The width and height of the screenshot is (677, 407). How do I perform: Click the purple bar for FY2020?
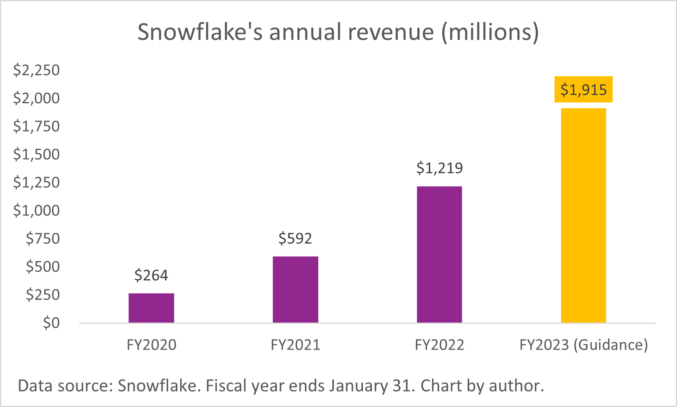coord(151,308)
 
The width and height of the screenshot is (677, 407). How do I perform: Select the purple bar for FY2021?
coord(295,289)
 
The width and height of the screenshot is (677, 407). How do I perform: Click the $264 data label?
coord(151,275)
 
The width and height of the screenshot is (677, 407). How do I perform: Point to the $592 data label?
coord(295,238)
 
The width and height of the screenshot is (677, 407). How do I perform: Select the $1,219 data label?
coord(439,168)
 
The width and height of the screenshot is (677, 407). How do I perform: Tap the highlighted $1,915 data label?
coord(583,89)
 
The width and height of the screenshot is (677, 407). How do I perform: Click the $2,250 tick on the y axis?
coord(36,70)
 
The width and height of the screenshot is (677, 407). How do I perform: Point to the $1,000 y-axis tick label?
coord(36,210)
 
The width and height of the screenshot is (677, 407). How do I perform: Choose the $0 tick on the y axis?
coord(51,323)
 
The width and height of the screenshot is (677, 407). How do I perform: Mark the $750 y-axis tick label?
coord(43,238)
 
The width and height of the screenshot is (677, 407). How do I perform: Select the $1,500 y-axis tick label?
coord(36,154)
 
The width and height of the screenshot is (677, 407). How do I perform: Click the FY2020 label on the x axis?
coord(151,345)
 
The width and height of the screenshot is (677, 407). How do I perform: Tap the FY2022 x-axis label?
coord(439,345)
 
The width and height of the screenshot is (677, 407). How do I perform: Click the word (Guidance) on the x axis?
coord(610,345)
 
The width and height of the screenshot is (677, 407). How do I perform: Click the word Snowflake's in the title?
coord(200,32)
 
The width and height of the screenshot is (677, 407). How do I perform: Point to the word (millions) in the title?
coord(490,32)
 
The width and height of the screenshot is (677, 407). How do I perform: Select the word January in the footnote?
coord(358,386)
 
